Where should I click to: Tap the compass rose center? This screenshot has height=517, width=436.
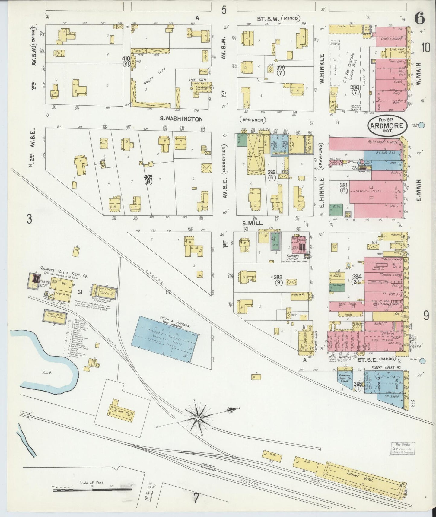pos(197,417)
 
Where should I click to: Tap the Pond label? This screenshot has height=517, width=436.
pos(47,373)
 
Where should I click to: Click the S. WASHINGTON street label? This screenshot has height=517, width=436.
pos(181,119)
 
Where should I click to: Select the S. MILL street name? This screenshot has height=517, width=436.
pos(253,223)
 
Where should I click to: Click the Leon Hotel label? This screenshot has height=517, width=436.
pos(195,80)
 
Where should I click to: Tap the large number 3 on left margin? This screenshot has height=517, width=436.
pos(29,219)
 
